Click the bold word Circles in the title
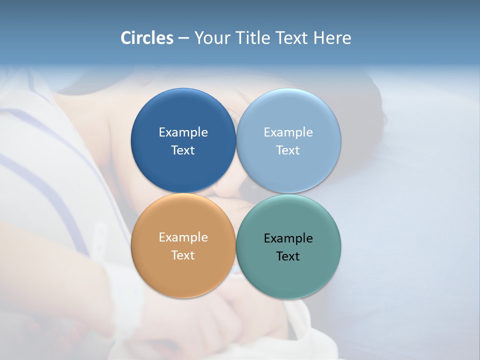click(x=146, y=38)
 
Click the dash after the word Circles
click(x=183, y=38)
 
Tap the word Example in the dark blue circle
click(x=183, y=132)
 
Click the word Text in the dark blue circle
click(x=183, y=150)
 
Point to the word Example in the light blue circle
click(x=288, y=132)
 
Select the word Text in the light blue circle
click(x=288, y=150)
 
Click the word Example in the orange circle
click(x=183, y=237)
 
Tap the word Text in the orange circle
click(x=183, y=255)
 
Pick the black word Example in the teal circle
click(x=288, y=238)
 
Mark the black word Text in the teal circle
click(x=288, y=256)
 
